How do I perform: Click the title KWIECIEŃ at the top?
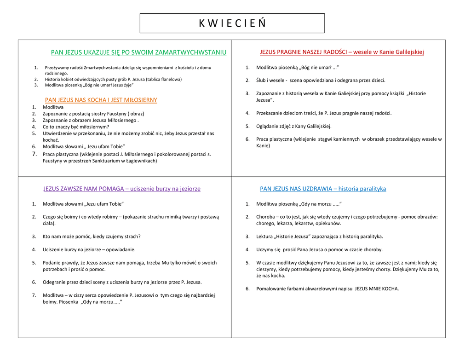point(232,23)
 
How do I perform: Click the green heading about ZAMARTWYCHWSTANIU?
point(138,52)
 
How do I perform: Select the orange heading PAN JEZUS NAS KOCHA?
point(101,100)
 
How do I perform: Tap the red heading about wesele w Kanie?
point(341,52)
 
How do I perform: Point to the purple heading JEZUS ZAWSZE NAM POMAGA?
point(121,189)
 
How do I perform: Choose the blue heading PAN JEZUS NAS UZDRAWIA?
point(323,189)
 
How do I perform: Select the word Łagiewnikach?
point(140,161)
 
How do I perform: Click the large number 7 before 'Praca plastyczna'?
point(34,154)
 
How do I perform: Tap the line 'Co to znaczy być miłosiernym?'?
point(76,127)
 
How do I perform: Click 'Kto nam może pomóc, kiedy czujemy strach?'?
point(92,237)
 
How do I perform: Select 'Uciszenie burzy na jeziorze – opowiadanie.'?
point(89,249)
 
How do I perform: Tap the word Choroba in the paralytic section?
point(265,217)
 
